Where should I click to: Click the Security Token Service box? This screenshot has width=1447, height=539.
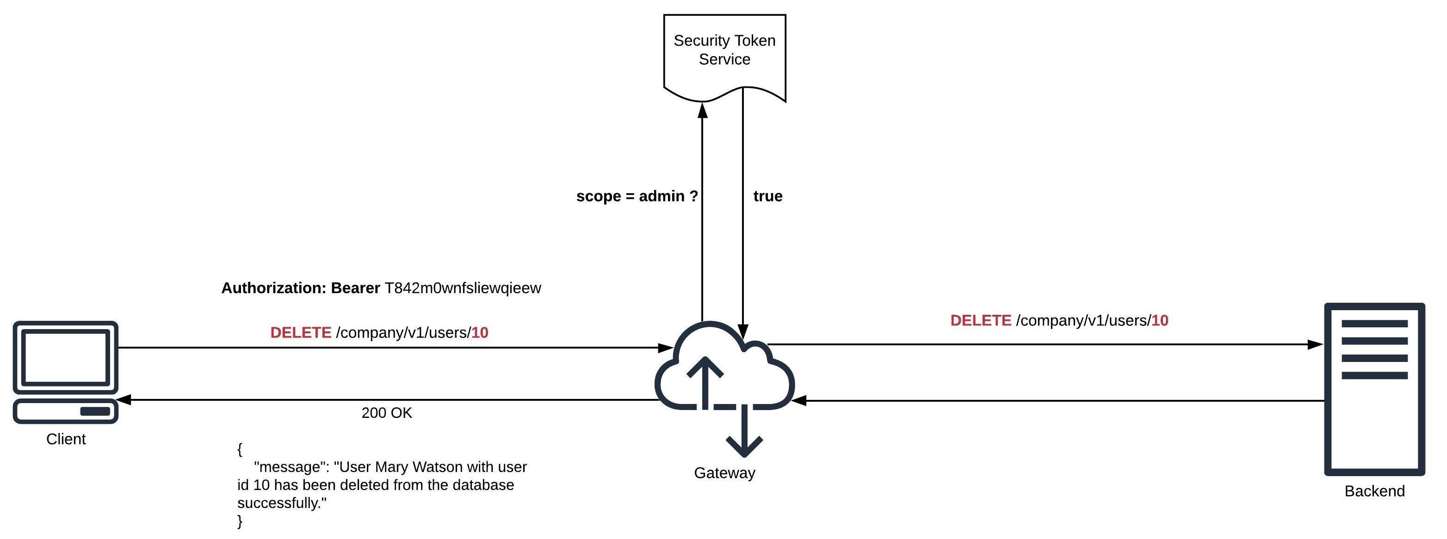(724, 50)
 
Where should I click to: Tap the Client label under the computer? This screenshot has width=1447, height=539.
(66, 439)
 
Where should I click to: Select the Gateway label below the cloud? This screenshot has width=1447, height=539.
(724, 473)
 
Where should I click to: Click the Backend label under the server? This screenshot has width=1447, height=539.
(1374, 491)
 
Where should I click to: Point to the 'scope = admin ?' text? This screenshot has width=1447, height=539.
(637, 196)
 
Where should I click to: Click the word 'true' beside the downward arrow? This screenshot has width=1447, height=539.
(767, 196)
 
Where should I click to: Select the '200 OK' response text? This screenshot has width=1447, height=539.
(386, 413)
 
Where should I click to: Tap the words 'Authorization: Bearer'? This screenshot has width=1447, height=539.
(301, 288)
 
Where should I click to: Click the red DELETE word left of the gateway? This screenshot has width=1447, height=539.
(301, 332)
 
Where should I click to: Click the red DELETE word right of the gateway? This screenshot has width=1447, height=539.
(980, 321)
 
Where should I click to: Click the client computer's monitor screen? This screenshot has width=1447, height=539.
(66, 358)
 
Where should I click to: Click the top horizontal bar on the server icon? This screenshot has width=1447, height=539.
(1374, 324)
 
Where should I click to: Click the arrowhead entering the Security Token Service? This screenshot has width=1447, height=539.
(702, 110)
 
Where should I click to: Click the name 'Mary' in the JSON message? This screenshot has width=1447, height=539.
(391, 467)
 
